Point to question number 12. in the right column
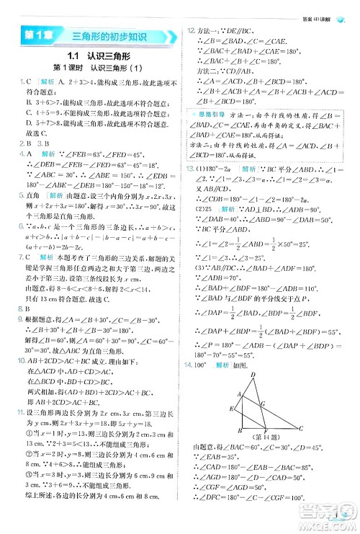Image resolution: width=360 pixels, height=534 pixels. [190, 30]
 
